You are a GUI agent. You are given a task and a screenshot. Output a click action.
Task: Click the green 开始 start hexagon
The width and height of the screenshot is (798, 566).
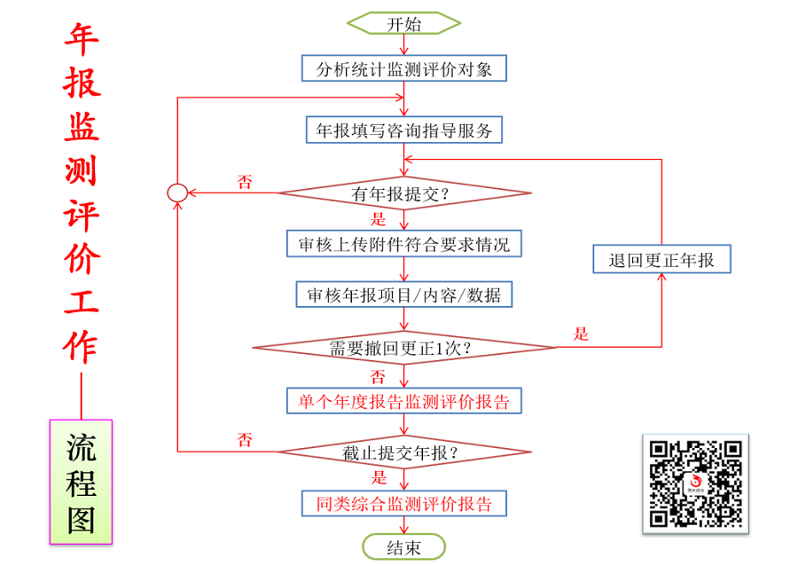(403, 23)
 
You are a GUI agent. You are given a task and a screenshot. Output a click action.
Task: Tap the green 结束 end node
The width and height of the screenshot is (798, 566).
(403, 547)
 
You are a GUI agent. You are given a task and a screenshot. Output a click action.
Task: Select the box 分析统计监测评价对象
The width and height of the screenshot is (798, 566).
(403, 68)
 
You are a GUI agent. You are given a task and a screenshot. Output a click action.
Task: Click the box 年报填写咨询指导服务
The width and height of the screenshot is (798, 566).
(404, 130)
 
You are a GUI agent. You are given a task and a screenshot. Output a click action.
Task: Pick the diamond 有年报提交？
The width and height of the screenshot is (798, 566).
(404, 193)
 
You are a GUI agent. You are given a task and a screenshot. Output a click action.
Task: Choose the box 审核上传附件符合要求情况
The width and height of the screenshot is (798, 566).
(403, 244)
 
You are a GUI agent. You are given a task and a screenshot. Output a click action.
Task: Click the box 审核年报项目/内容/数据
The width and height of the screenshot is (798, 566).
(404, 295)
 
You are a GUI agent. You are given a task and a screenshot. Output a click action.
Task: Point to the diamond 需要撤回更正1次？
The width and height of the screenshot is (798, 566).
(404, 348)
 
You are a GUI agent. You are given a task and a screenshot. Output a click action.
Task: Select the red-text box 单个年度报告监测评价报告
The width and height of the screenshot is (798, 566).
(404, 400)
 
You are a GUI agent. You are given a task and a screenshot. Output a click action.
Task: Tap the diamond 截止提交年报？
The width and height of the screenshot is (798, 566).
(404, 453)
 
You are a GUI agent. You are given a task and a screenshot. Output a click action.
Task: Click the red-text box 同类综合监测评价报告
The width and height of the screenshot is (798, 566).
(404, 504)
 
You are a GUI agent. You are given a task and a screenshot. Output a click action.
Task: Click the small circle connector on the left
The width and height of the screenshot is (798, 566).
(177, 192)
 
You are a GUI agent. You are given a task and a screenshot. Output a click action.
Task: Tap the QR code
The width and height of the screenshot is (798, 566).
(695, 483)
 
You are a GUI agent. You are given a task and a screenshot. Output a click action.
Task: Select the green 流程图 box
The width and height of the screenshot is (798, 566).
(81, 482)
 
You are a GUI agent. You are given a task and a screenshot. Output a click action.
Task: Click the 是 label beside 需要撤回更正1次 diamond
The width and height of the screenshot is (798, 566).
(581, 334)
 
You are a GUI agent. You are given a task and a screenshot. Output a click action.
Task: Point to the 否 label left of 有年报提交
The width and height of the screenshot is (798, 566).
(244, 181)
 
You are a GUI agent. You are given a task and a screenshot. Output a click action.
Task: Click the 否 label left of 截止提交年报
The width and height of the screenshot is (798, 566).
(244, 440)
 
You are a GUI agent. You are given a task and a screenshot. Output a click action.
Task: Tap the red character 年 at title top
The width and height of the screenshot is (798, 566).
(82, 40)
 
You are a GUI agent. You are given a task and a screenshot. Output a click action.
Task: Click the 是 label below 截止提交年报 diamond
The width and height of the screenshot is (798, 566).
(379, 478)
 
